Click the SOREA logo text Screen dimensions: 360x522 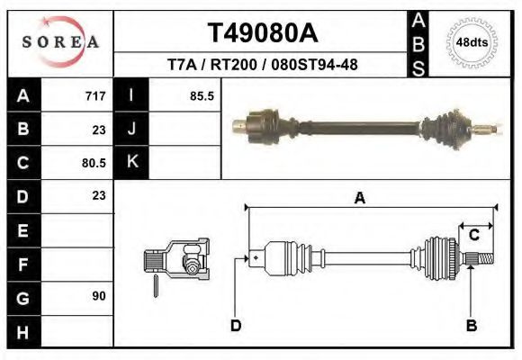point(60,41)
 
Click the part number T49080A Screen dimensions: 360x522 point(262,33)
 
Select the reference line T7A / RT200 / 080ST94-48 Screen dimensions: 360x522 point(262,66)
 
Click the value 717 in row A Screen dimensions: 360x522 point(95,95)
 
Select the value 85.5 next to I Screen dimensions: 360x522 point(202,95)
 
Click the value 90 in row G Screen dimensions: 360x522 point(99,296)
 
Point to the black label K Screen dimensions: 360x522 point(131,163)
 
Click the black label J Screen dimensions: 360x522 point(131,129)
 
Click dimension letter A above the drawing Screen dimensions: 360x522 point(360,199)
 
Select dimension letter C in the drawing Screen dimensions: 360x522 point(472,235)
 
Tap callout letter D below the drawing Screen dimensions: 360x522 point(236,325)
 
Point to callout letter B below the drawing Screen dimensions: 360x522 point(471,325)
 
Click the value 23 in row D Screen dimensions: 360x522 point(99,195)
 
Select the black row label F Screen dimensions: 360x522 point(23,264)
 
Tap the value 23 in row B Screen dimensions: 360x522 point(99,129)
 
